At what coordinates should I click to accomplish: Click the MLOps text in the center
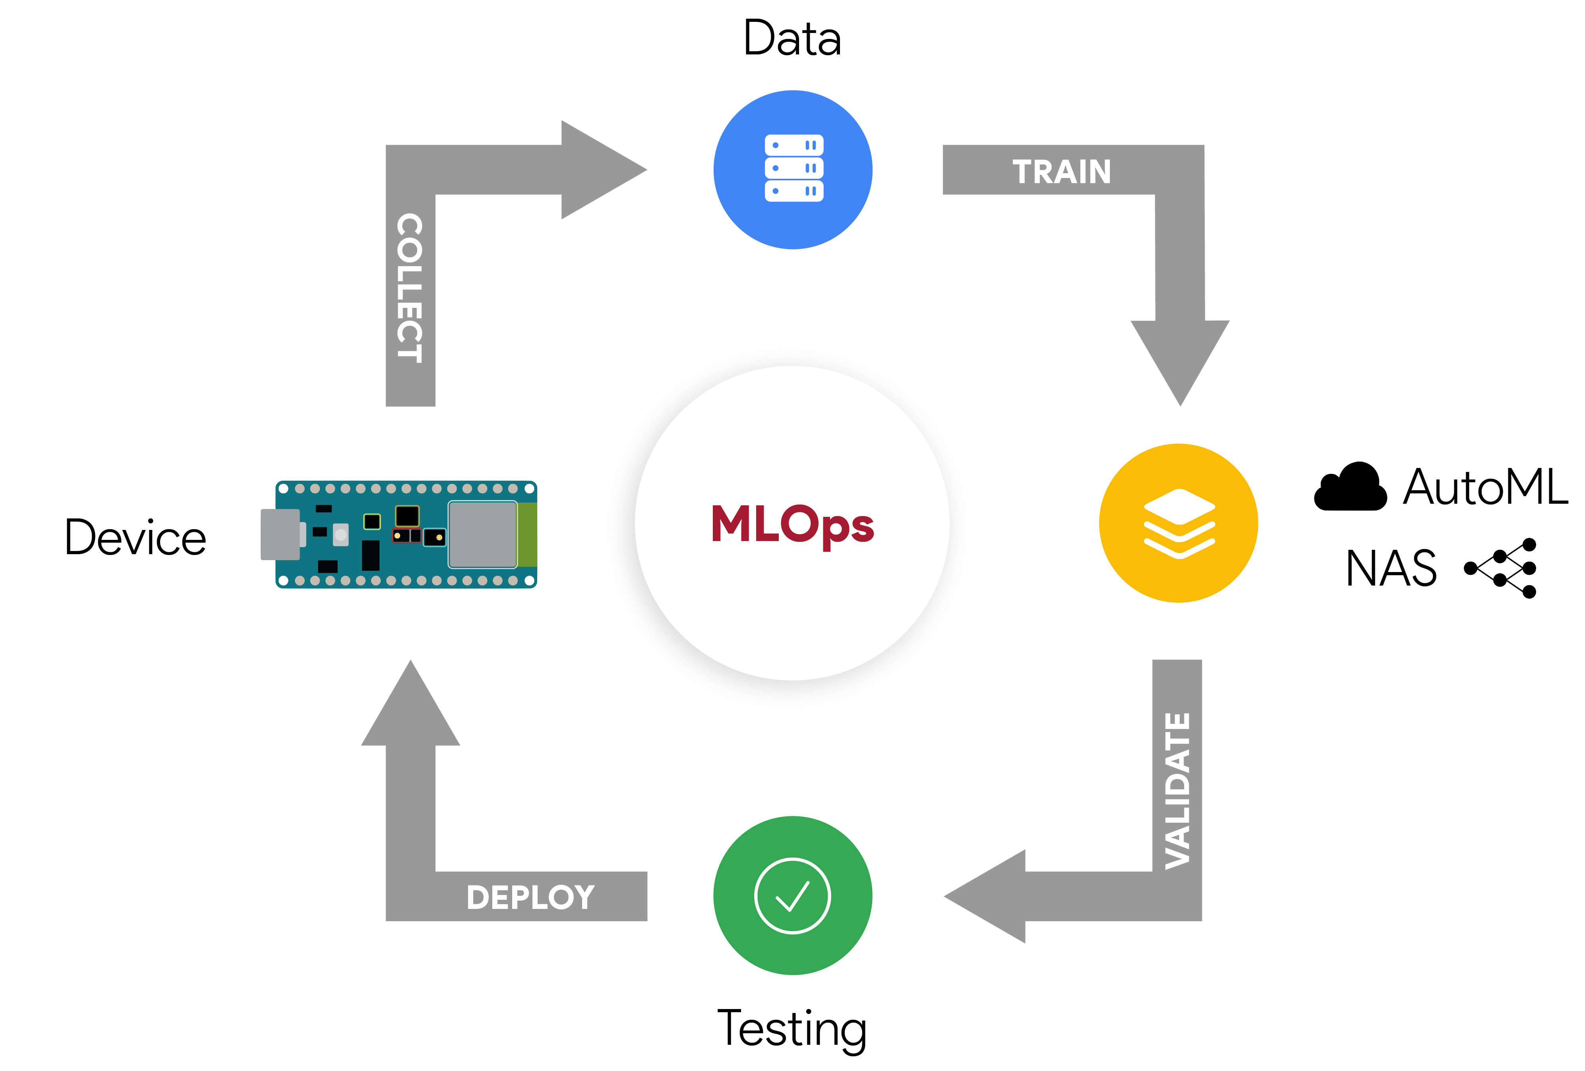(792, 525)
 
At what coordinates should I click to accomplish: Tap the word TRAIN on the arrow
(1061, 172)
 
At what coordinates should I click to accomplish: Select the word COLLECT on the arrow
(410, 288)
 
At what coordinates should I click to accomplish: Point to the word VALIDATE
(1177, 791)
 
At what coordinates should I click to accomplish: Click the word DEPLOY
(530, 897)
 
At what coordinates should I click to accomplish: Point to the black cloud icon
(1351, 488)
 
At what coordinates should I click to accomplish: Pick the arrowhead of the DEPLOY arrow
(410, 706)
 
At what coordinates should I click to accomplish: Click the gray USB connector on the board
(280, 534)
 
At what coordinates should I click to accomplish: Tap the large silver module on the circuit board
(482, 534)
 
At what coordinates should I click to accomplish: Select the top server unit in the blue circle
(794, 145)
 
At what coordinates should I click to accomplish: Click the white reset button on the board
(341, 534)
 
